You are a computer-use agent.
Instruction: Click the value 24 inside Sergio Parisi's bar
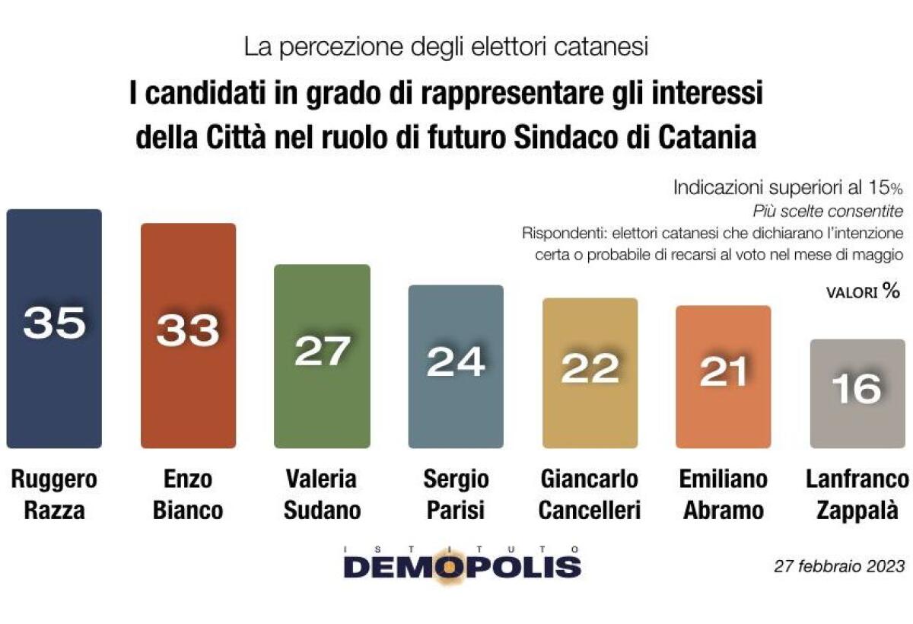[456, 362]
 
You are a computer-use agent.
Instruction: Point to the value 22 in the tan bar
[590, 369]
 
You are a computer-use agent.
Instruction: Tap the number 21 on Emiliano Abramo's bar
[724, 372]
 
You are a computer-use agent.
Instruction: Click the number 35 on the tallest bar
[54, 323]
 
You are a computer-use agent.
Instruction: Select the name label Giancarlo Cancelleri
[587, 495]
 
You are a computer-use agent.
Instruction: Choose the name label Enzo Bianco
[188, 495]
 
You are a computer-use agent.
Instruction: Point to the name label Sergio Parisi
[455, 495]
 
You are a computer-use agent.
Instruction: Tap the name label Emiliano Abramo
[723, 495]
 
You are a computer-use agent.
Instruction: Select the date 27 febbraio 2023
[839, 566]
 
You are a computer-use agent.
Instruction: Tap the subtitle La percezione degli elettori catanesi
[446, 47]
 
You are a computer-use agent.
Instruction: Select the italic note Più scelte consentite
[828, 210]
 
